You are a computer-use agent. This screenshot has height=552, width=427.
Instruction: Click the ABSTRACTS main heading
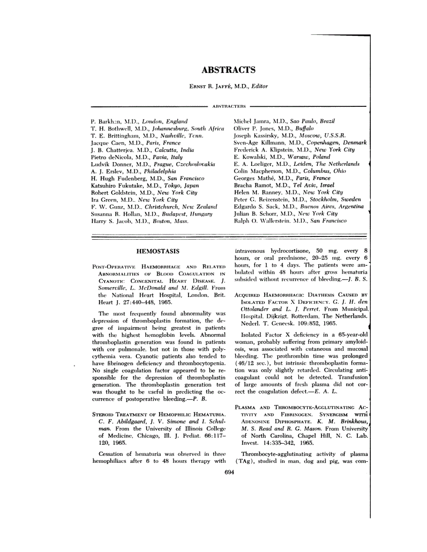pyautogui.click(x=228, y=70)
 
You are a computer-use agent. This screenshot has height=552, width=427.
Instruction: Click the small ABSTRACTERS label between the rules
pyautogui.click(x=229, y=106)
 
